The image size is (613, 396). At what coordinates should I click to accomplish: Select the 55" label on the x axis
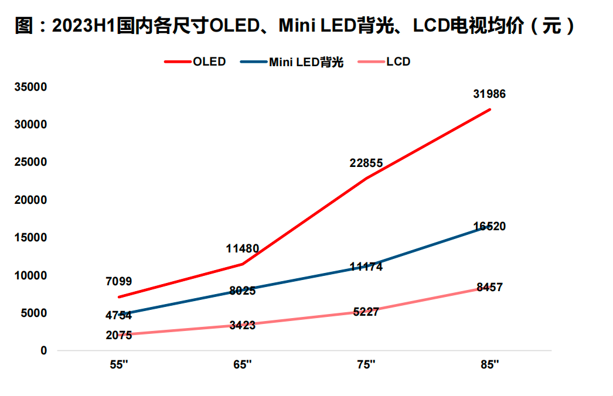pyautogui.click(x=118, y=364)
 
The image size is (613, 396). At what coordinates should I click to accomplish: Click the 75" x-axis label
pyautogui.click(x=366, y=364)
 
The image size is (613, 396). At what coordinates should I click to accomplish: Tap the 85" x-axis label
pyautogui.click(x=489, y=364)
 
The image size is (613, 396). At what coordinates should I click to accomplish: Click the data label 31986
pyautogui.click(x=489, y=94)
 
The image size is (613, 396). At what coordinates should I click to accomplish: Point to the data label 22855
pyautogui.click(x=366, y=163)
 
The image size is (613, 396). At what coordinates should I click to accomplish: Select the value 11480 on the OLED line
pyautogui.click(x=242, y=249)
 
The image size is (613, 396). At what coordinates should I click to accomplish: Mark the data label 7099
pyautogui.click(x=118, y=282)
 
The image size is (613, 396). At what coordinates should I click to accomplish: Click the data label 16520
pyautogui.click(x=489, y=226)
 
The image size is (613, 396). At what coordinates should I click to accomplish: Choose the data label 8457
pyautogui.click(x=489, y=287)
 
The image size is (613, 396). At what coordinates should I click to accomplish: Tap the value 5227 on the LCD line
pyautogui.click(x=366, y=312)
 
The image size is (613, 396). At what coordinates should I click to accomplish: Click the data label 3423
pyautogui.click(x=242, y=325)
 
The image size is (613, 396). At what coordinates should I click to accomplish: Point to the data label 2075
pyautogui.click(x=118, y=335)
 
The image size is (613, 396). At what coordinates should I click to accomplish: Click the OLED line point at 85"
pyautogui.click(x=489, y=110)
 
